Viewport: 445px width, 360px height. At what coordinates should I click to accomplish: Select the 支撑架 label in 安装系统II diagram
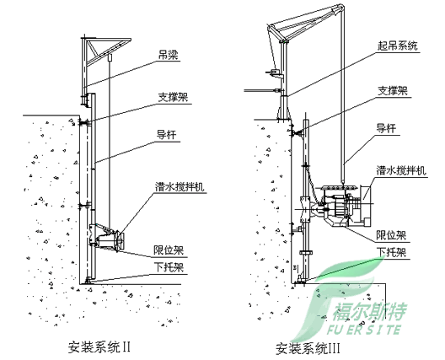coord(172,97)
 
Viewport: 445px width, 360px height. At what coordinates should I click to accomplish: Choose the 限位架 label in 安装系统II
coord(169,250)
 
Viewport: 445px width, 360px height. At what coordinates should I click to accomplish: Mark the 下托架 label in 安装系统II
coord(169,268)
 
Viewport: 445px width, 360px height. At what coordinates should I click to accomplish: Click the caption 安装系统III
coord(310,347)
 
